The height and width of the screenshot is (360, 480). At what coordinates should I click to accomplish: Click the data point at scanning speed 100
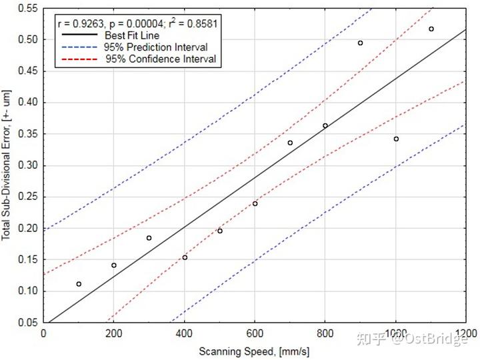(79, 284)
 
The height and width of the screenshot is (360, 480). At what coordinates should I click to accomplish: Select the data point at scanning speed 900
(361, 43)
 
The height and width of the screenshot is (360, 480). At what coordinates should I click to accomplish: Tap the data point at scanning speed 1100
(431, 29)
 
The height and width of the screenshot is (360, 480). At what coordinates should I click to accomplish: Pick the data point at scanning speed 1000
(396, 139)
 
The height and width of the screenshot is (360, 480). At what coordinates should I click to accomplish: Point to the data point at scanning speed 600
(255, 203)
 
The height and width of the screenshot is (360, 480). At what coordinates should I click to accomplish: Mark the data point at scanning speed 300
(149, 238)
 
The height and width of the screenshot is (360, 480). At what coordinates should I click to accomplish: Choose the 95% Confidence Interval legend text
(160, 59)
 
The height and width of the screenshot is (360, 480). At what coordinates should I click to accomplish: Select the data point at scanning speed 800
(325, 125)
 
